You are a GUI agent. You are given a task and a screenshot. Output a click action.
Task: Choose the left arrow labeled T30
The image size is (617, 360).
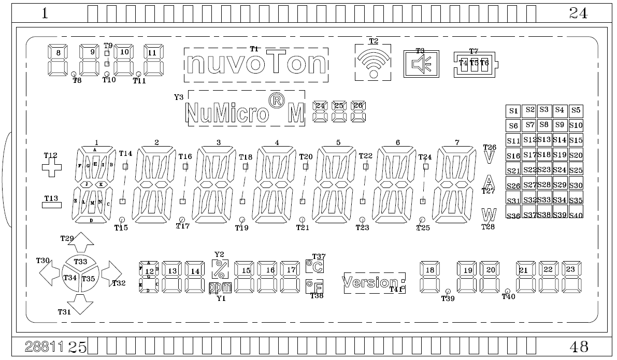tap(49, 272)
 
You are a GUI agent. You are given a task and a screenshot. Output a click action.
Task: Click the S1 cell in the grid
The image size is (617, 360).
tap(513, 110)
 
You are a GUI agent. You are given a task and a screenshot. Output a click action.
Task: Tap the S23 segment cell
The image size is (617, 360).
tap(544, 169)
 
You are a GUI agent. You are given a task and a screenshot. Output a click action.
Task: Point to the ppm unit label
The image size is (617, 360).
tap(220, 288)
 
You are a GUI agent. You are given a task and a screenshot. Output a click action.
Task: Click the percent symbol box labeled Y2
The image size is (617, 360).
tap(219, 269)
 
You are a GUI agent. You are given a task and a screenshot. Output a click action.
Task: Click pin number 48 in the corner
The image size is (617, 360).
tap(578, 346)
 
